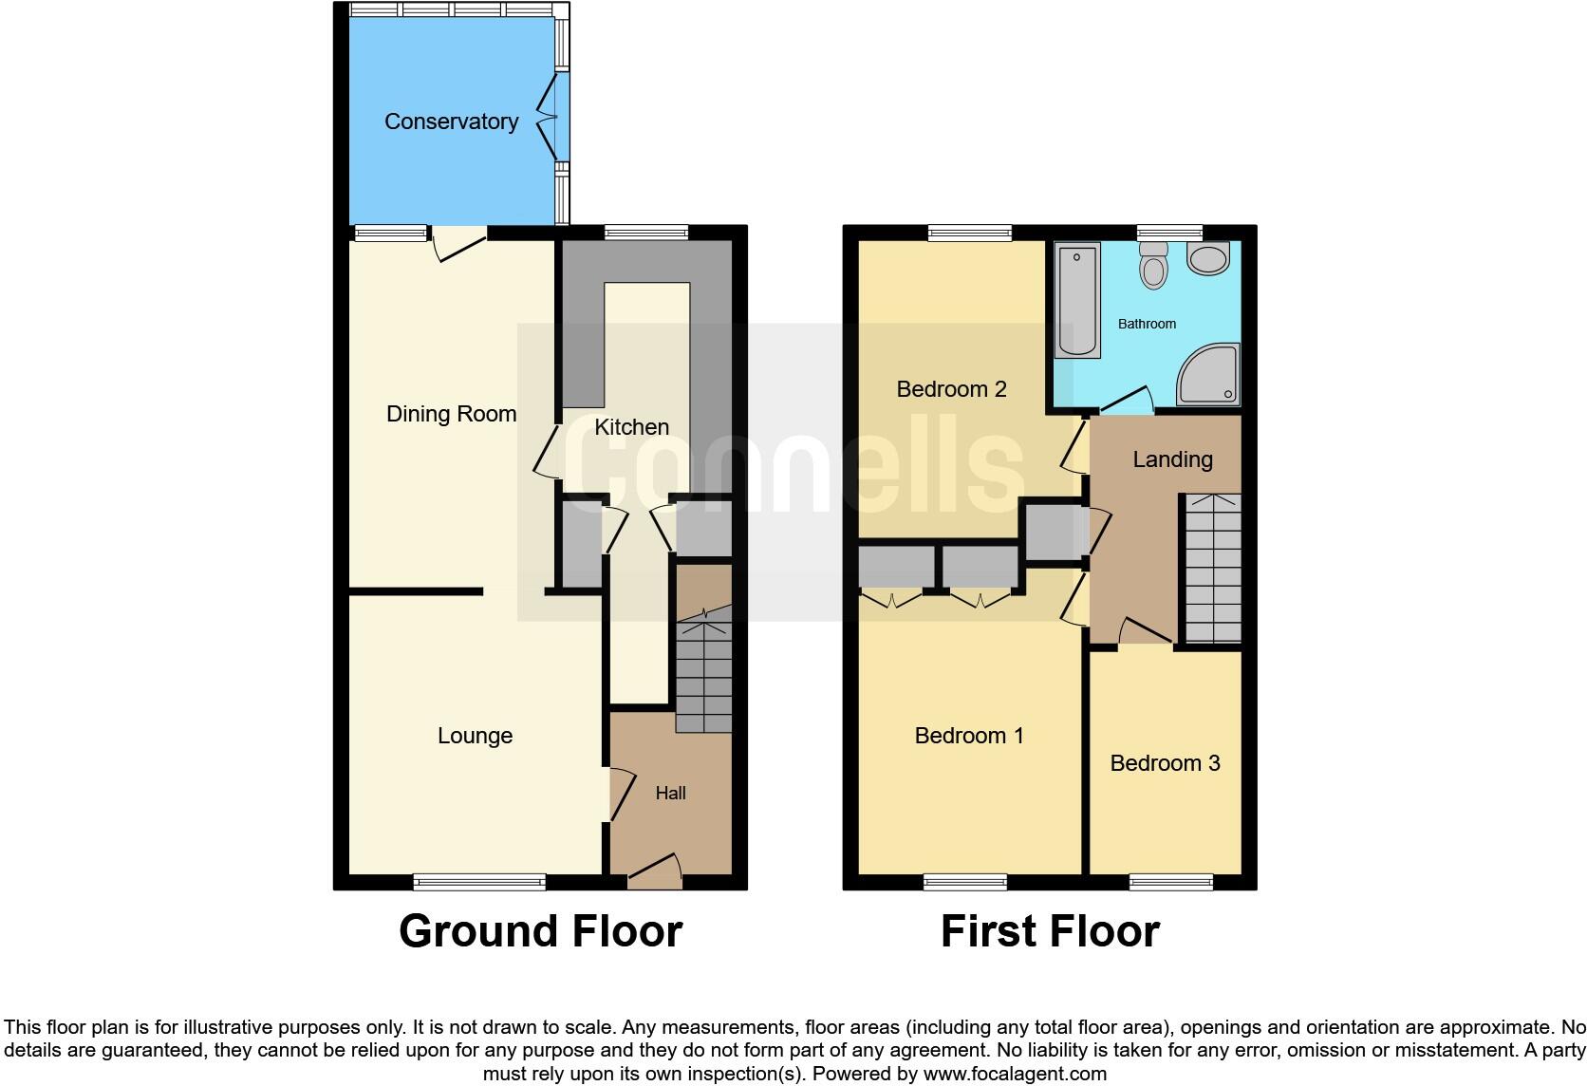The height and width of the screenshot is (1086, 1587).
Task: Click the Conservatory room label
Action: click(451, 122)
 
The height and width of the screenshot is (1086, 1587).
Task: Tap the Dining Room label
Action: click(451, 414)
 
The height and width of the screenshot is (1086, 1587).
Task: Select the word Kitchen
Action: click(631, 427)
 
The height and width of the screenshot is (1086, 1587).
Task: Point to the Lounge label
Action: click(475, 736)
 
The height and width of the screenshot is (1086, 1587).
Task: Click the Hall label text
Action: click(670, 794)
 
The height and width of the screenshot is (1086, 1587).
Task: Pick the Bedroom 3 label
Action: click(1165, 763)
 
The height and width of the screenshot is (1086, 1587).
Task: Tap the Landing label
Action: click(1172, 459)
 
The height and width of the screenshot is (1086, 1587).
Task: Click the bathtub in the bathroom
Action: click(1077, 299)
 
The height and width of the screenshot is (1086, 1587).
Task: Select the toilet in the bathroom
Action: click(1153, 263)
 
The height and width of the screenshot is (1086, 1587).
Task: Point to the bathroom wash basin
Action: click(1207, 258)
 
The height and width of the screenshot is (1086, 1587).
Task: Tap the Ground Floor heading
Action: click(540, 931)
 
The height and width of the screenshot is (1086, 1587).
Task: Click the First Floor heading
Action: click(1050, 931)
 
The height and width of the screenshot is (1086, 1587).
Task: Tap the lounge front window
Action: click(480, 882)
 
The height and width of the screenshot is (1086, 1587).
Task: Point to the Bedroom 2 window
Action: click(969, 233)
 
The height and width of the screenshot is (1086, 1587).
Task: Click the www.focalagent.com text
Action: click(1015, 1075)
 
